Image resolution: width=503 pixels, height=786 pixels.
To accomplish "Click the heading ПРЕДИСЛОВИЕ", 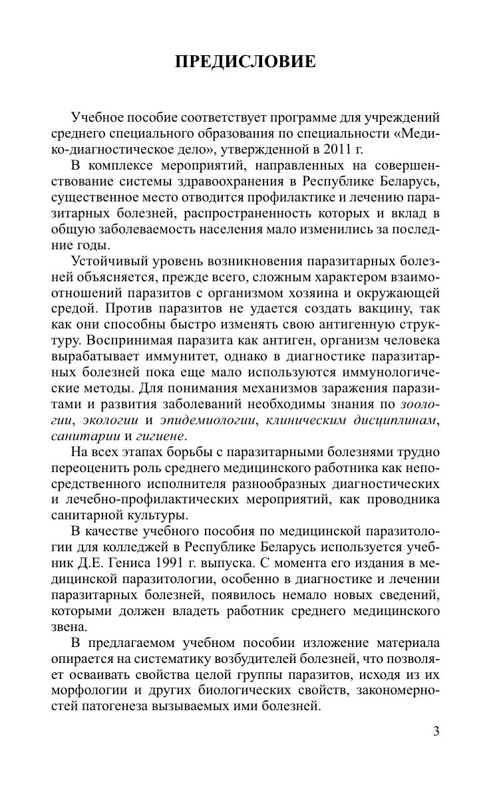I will [x=245, y=63].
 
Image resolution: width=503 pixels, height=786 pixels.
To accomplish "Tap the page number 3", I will [x=436, y=732].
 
